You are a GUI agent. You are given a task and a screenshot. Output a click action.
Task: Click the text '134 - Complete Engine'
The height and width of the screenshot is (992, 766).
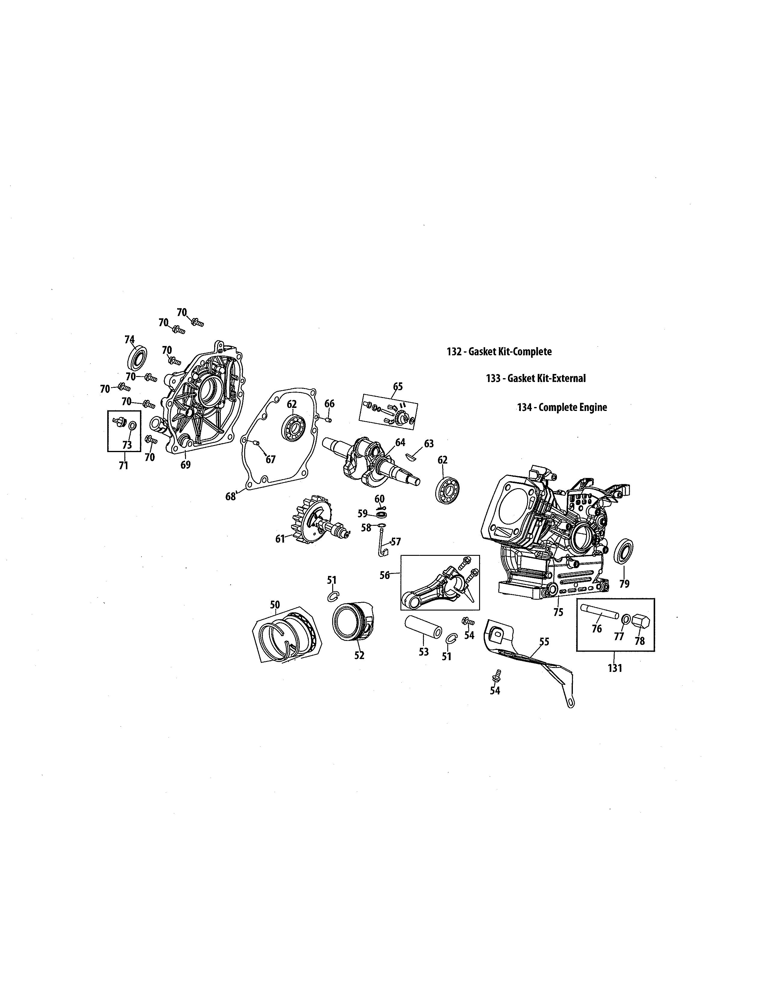point(562,407)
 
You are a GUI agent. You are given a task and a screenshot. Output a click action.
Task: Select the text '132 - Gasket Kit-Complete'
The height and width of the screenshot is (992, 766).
point(499,352)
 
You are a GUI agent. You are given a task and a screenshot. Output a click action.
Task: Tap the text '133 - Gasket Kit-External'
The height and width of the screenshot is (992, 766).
point(536,378)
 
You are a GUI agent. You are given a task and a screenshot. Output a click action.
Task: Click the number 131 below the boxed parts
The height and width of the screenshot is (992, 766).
point(614,668)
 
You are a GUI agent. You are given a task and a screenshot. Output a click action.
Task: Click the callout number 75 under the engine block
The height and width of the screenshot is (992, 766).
point(558,612)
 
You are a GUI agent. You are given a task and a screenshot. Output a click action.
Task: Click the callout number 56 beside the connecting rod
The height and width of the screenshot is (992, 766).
point(385,575)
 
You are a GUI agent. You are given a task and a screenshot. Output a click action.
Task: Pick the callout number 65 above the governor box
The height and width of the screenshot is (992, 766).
point(397,387)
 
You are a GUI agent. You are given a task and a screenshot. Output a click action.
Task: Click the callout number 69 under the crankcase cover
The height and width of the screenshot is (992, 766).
point(186,465)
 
